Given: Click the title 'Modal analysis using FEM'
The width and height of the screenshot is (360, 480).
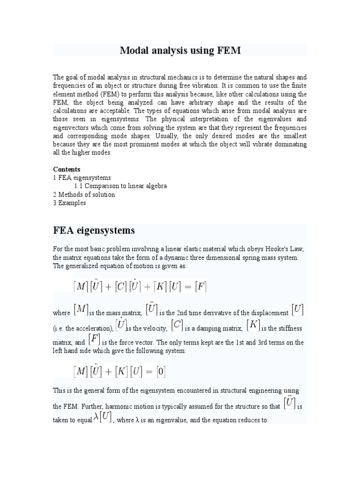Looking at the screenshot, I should click(x=180, y=50).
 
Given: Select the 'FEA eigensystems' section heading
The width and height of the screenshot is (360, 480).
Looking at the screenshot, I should click(x=94, y=230).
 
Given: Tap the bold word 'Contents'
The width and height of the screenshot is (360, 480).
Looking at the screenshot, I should click(x=67, y=169).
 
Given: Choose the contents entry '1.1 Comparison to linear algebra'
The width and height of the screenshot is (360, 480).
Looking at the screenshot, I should click(x=120, y=186).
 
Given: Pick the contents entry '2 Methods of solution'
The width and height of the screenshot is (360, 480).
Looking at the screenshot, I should click(x=84, y=195).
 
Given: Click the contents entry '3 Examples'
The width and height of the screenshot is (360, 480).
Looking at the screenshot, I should click(x=69, y=203).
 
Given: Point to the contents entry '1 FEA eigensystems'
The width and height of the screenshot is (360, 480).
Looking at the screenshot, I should click(x=82, y=178).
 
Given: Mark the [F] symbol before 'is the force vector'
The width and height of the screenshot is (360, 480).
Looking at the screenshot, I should click(x=94, y=339).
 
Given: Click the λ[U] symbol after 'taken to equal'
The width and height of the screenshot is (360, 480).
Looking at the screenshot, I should click(x=102, y=417).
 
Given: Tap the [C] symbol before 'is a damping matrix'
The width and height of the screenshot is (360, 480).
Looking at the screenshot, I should click(x=177, y=324).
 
